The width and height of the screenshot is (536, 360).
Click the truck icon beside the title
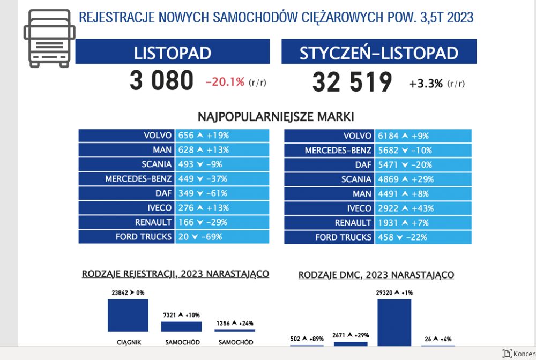[x=49, y=38]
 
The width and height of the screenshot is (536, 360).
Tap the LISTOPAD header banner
[x=172, y=51]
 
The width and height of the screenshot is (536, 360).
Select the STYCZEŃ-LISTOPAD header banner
[x=379, y=51]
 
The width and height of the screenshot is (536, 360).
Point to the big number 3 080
[x=161, y=80]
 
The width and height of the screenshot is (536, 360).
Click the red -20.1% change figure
[x=225, y=82]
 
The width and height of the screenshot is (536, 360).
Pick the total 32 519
[x=352, y=82]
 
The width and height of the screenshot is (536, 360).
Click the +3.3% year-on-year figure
[x=426, y=84]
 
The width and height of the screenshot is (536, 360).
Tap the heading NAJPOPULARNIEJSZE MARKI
[x=276, y=117]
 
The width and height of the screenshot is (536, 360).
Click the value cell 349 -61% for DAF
[x=222, y=193]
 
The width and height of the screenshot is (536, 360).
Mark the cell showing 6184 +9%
[x=423, y=136]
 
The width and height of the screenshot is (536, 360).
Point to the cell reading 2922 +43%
[x=423, y=208]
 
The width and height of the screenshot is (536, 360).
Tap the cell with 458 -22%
[x=423, y=237]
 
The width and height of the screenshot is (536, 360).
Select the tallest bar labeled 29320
[x=394, y=323]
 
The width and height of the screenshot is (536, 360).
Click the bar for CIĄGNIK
[x=128, y=315]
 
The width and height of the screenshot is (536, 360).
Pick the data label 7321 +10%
[x=182, y=315]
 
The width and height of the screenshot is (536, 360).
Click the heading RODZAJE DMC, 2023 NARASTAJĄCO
[x=376, y=275]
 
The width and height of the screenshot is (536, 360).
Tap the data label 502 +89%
[x=307, y=339]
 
